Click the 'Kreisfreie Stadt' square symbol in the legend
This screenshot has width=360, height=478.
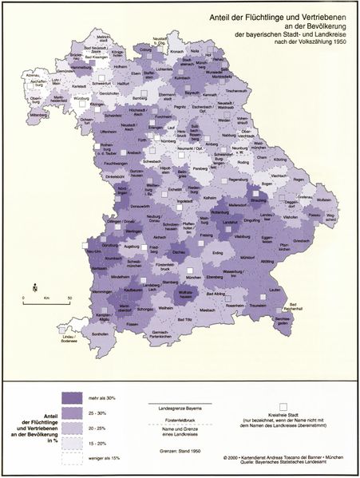283,407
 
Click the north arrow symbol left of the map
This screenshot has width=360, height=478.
34,285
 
